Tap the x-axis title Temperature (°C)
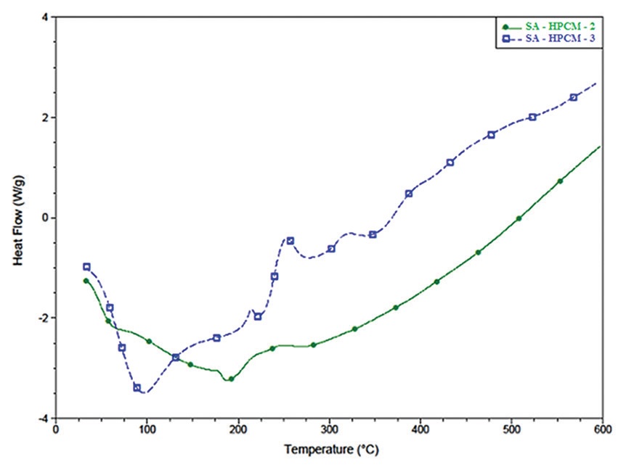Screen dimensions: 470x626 [x=329, y=450]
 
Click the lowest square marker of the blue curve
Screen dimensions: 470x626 [x=137, y=388]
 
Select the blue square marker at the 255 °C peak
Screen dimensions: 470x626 [x=290, y=241]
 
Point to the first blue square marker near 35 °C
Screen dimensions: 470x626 [x=86, y=267]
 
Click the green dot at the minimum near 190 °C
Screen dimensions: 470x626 [x=231, y=379]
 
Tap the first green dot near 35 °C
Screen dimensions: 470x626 [x=86, y=281]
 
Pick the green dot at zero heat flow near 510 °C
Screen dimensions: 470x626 [x=519, y=218]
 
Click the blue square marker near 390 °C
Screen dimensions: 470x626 [x=409, y=194]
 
